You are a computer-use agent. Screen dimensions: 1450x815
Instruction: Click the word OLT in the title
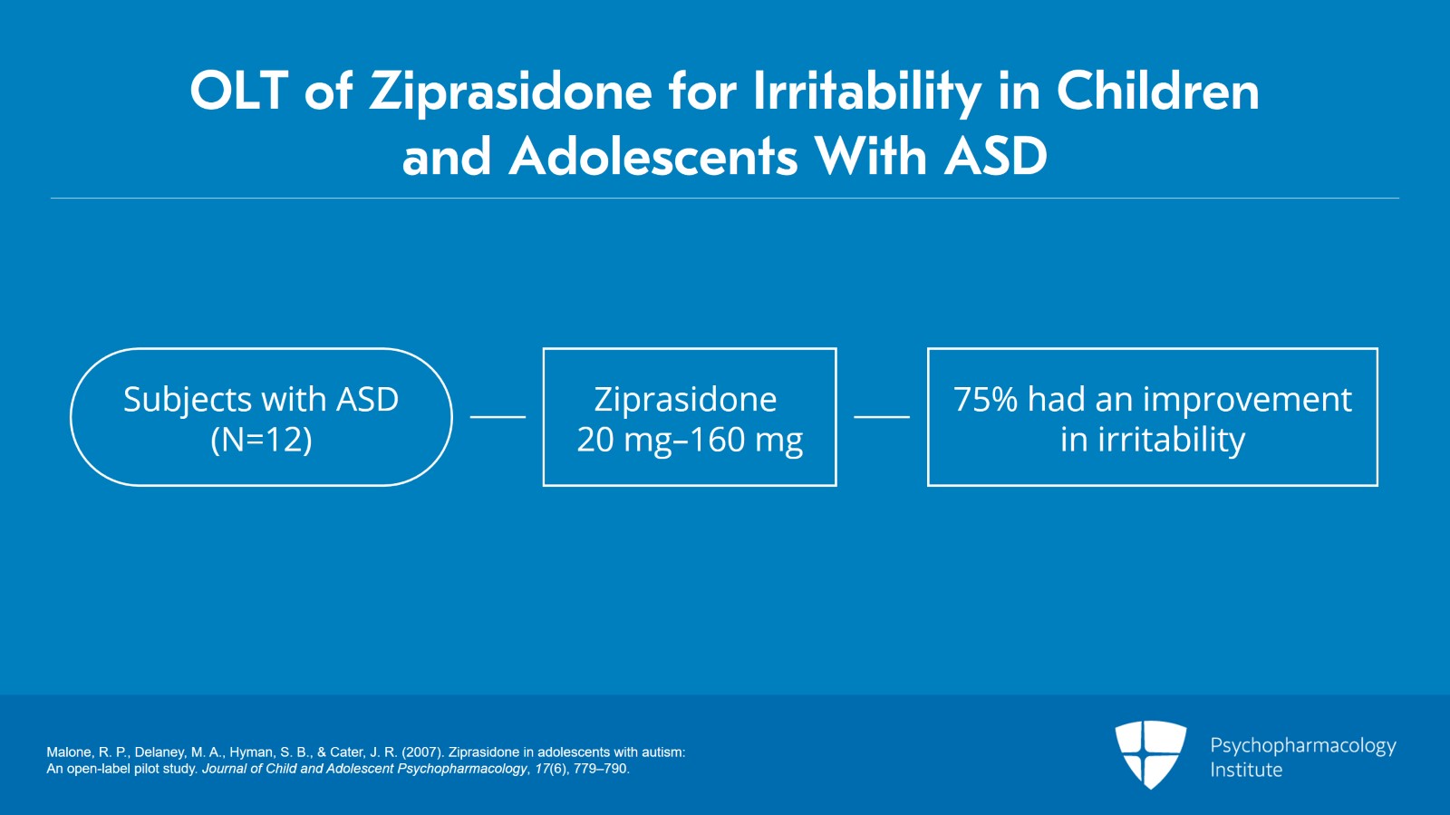[239, 91]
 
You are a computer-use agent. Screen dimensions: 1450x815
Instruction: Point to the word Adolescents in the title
[653, 157]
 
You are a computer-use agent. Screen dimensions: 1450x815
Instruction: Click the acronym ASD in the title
[996, 157]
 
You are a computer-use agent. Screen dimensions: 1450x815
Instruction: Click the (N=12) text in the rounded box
[262, 441]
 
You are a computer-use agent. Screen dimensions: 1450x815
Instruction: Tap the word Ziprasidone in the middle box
[685, 400]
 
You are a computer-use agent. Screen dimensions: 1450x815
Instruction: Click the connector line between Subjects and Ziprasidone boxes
[498, 417]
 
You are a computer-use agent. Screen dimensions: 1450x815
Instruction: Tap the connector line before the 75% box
[882, 417]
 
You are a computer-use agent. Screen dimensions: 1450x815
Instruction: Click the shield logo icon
[1150, 754]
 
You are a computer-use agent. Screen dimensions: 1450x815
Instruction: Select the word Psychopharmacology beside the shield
[1303, 746]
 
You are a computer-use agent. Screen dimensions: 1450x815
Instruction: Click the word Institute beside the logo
[1246, 770]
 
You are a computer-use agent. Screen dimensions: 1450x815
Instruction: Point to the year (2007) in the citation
[422, 752]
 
